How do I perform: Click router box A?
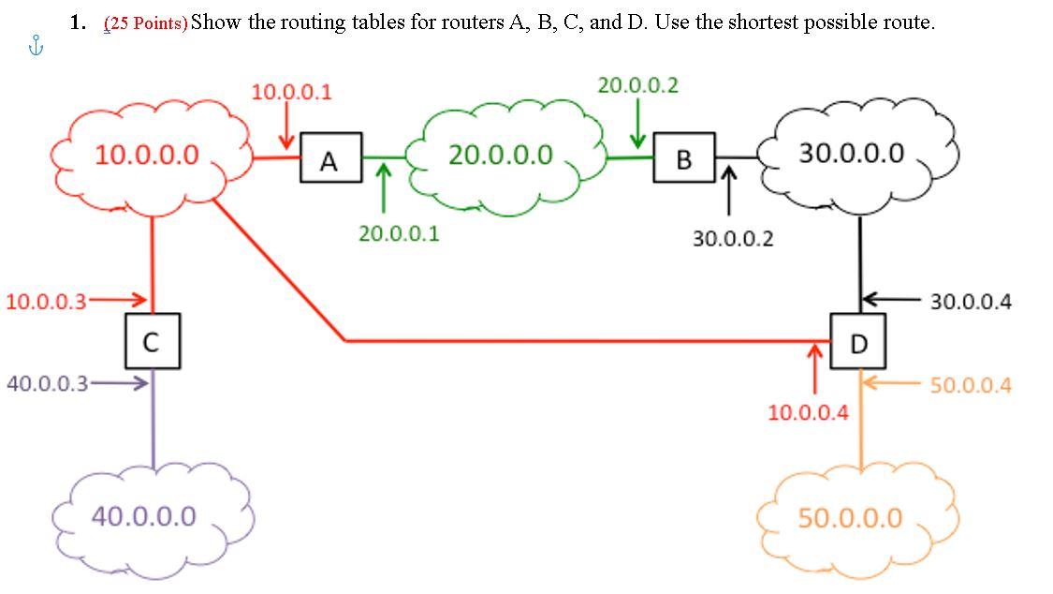(329, 160)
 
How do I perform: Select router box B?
(684, 159)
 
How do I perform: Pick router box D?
(859, 344)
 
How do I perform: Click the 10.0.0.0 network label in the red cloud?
(147, 155)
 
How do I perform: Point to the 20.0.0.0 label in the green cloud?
(500, 155)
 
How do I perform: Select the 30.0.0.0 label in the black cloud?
(852, 153)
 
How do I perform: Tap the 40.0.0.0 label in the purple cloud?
(144, 515)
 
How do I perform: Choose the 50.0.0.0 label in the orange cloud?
(850, 517)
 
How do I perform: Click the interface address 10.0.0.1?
(291, 92)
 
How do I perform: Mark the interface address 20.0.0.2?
(638, 85)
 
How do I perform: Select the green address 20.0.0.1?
(398, 233)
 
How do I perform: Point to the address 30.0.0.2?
(733, 239)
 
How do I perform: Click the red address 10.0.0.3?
(46, 301)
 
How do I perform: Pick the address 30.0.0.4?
(971, 302)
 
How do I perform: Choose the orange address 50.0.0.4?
(971, 385)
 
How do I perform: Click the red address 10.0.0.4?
(809, 411)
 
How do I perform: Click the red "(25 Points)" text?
(145, 23)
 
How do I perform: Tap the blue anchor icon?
(37, 45)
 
